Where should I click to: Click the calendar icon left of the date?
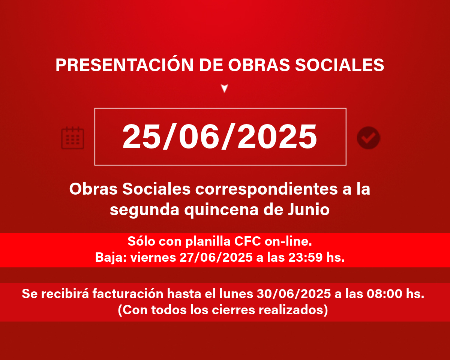click(72, 138)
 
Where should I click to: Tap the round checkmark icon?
click(369, 138)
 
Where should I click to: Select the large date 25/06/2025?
click(220, 136)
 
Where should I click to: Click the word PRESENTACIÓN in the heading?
click(124, 65)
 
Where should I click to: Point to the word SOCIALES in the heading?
click(339, 65)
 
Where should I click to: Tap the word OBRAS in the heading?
click(259, 65)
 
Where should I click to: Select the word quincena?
click(221, 210)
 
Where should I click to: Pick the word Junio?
click(309, 210)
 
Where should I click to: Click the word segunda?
click(144, 210)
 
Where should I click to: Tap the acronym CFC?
click(247, 241)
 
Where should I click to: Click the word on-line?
click(288, 241)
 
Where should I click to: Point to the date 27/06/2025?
click(216, 257)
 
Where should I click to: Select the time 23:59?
click(306, 257)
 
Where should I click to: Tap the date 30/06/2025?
click(294, 294)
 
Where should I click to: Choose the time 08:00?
click(384, 294)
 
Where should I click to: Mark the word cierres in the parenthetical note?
click(233, 310)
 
